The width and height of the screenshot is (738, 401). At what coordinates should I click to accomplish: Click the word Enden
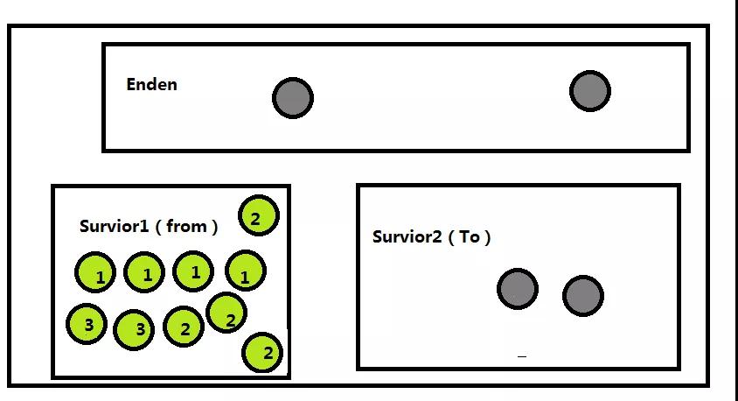[x=151, y=84]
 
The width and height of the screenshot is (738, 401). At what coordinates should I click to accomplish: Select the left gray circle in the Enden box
[x=293, y=98]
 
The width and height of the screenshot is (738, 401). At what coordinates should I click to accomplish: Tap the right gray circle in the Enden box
[x=590, y=91]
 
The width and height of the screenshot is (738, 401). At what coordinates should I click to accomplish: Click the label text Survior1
[x=115, y=226]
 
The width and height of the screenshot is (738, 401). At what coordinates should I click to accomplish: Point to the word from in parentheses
[x=186, y=226]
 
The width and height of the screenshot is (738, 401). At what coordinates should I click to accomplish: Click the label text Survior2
[x=407, y=236]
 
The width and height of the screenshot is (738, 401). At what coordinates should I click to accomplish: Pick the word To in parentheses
[x=470, y=236]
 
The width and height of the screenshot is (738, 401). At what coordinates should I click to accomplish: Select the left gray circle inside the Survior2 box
[x=518, y=289]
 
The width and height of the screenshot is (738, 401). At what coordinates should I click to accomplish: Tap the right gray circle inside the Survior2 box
[x=583, y=296]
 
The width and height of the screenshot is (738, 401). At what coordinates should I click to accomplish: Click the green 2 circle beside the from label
[x=259, y=215]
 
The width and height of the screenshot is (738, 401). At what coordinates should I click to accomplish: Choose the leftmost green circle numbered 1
[x=95, y=272]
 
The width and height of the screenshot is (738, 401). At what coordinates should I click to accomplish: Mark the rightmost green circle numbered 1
[x=246, y=271]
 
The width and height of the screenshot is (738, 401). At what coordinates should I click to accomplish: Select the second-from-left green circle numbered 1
[x=144, y=272]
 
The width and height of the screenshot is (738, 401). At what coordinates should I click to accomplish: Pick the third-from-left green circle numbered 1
[x=193, y=271]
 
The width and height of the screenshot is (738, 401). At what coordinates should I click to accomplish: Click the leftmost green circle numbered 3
[x=87, y=324]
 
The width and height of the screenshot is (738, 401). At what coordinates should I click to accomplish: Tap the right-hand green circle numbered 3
[x=134, y=330]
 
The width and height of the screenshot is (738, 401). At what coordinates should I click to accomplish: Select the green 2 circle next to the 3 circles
[x=184, y=327]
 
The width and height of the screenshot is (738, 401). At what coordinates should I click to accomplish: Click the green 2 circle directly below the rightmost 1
[x=226, y=313]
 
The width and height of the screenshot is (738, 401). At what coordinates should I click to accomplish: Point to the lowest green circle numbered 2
[x=262, y=353]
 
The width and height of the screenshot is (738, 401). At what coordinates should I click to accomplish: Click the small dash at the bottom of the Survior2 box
[x=522, y=356]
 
